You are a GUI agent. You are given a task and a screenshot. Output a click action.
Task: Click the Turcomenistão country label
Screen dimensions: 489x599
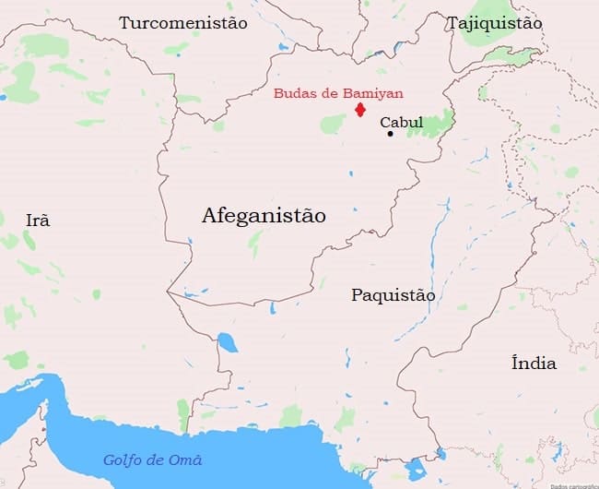[x=182, y=23]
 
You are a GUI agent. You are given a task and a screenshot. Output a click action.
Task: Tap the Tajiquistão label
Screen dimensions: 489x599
[x=494, y=23]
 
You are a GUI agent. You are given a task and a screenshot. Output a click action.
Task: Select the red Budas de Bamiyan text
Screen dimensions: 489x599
[x=338, y=93]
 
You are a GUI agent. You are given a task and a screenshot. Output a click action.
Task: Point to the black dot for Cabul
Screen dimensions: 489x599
[x=390, y=134]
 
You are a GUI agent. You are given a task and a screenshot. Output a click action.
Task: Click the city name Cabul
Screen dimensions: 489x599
[x=402, y=122]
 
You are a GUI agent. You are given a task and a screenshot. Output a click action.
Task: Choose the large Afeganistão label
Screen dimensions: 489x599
[x=264, y=217]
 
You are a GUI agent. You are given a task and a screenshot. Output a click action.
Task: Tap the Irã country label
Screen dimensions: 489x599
[x=38, y=220]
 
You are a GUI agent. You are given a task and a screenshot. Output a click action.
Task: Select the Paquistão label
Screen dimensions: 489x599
[x=393, y=295]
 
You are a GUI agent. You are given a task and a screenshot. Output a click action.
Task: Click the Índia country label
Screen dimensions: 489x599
[x=534, y=363]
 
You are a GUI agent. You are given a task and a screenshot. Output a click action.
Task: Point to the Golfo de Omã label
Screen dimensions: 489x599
[x=152, y=459]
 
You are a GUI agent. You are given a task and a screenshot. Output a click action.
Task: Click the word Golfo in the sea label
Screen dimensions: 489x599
[x=122, y=459]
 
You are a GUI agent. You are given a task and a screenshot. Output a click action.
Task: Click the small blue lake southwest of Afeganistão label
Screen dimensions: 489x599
[x=227, y=344]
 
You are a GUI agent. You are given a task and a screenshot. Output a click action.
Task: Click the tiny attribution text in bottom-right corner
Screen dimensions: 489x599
[x=573, y=485]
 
